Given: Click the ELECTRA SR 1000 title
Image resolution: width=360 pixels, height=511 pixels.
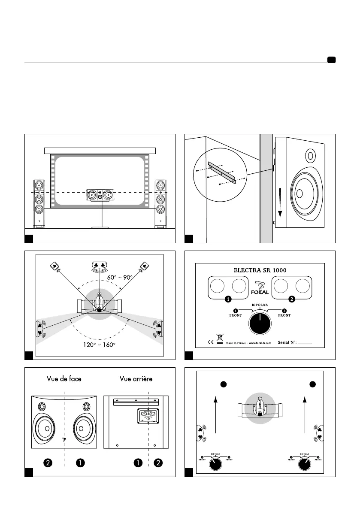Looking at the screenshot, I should pos(260,270).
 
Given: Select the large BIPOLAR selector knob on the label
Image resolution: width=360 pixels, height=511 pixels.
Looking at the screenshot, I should pos(260,323).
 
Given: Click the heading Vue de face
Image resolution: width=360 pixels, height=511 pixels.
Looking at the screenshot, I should pos(64,378).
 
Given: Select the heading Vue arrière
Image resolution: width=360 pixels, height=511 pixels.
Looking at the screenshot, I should pos(136,378).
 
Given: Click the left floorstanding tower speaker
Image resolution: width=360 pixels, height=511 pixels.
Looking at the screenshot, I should pos(39,203).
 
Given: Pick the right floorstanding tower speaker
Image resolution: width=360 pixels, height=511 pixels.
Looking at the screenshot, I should pos(160,203).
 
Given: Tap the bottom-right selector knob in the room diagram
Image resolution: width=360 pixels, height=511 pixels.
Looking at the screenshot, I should pos(305,463).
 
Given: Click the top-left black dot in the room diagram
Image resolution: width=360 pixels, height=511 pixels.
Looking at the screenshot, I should pos(223,384).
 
